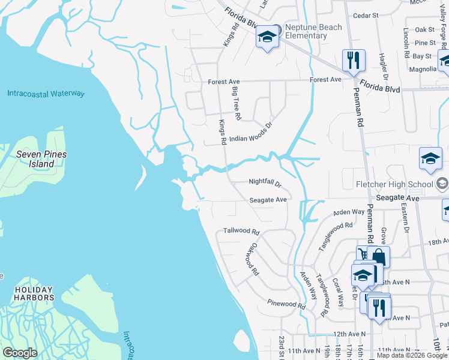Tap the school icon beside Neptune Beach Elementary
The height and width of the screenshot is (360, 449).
[268, 37]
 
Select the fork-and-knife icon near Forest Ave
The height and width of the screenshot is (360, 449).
[353, 61]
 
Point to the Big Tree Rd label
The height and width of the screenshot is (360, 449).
[236, 103]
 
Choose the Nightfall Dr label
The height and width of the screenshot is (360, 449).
[265, 182]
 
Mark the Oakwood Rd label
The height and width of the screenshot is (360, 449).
[251, 259]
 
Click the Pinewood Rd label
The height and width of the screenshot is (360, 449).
[286, 304]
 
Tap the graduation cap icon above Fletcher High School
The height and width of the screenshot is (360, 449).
[430, 159]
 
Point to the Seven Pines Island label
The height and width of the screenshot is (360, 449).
[41, 159]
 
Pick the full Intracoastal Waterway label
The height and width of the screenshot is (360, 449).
[46, 94]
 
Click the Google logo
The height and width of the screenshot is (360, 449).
[20, 353]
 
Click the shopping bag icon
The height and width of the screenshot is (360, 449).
[378, 257]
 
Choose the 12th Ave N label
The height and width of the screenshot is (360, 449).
[350, 334]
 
